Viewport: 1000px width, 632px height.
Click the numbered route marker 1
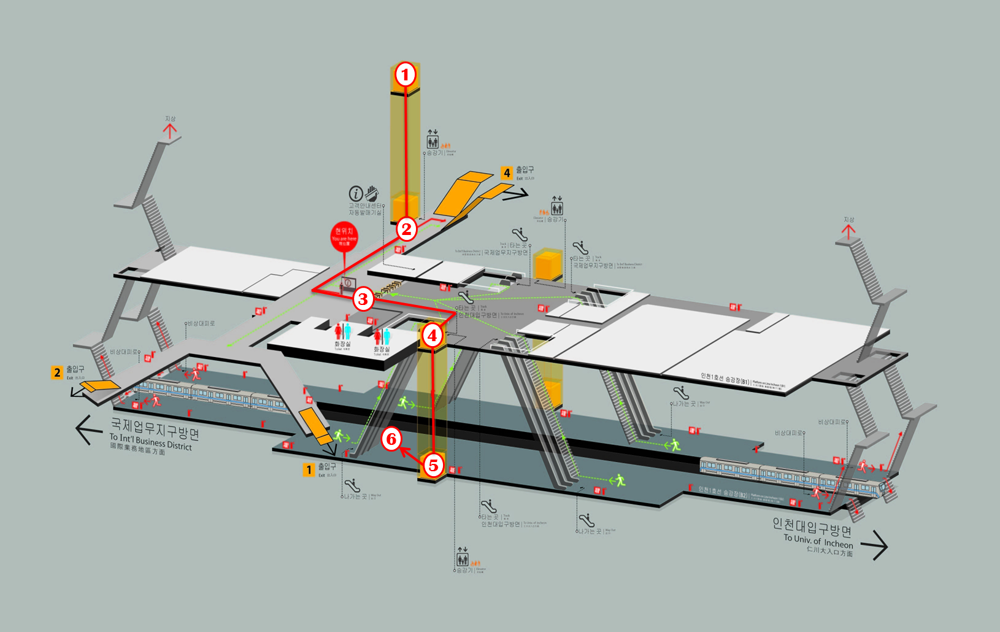[x=405, y=75]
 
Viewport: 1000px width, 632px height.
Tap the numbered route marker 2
[x=406, y=229]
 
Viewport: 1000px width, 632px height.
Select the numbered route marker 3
[x=363, y=299]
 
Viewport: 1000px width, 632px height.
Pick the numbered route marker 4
[x=433, y=335]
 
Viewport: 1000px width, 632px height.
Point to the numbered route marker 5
[x=433, y=465]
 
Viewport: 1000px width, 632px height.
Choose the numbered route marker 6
[x=391, y=439]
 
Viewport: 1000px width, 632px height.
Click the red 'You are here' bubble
[x=344, y=237]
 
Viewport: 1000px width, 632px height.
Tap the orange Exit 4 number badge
[x=507, y=173]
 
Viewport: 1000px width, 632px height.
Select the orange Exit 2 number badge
[x=57, y=372]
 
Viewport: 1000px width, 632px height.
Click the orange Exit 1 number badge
[x=309, y=470]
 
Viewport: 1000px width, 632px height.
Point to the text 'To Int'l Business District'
[x=151, y=442]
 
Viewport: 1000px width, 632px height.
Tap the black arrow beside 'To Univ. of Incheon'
[x=874, y=544]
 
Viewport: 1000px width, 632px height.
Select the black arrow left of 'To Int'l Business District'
[x=88, y=430]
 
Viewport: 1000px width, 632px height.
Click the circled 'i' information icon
[x=356, y=193]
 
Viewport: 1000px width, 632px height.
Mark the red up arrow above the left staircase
[x=170, y=130]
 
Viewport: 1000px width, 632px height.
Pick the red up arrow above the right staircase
[x=848, y=231]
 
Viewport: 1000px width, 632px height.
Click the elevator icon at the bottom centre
[x=463, y=559]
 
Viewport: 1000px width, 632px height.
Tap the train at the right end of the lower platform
[x=791, y=475]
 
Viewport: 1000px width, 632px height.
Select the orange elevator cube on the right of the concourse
[x=548, y=265]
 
